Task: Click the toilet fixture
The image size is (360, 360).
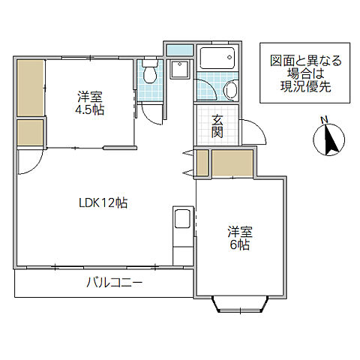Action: (x=148, y=73)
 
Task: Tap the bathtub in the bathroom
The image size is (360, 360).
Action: (x=218, y=59)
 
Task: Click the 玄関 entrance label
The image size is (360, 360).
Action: (x=217, y=127)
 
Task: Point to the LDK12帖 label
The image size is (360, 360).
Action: (x=103, y=202)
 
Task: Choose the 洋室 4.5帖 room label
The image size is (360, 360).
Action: (x=90, y=102)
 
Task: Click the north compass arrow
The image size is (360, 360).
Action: (x=328, y=139)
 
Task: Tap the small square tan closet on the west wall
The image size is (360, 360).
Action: (x=30, y=133)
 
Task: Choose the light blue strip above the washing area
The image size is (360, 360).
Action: (x=178, y=51)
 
